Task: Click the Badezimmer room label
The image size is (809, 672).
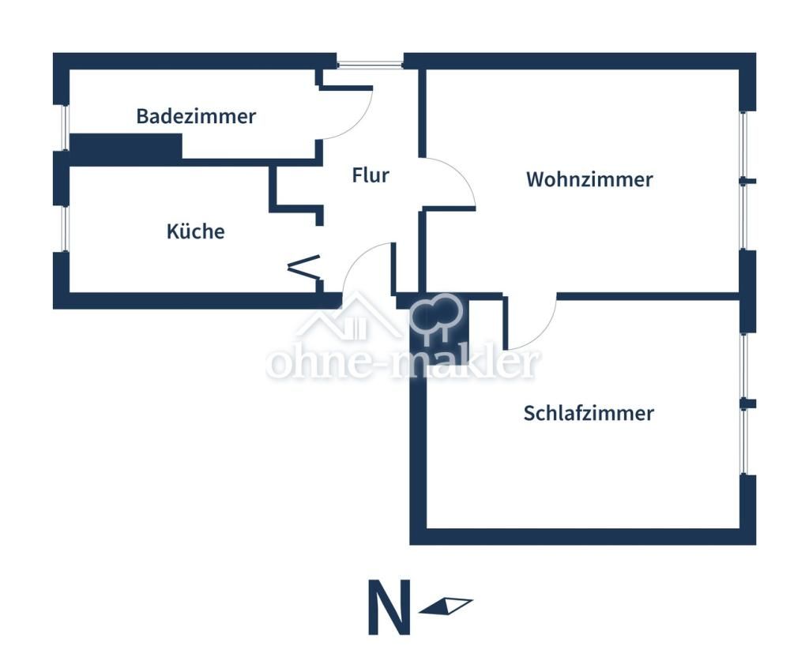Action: (196, 116)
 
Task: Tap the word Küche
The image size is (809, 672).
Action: (195, 231)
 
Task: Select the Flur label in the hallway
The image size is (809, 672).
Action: (371, 175)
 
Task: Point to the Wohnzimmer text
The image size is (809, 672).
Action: (589, 179)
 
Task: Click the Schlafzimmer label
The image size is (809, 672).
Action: (589, 413)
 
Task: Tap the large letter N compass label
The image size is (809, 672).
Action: (389, 607)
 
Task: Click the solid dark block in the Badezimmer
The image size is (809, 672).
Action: (126, 146)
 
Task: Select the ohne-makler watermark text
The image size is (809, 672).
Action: (403, 364)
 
